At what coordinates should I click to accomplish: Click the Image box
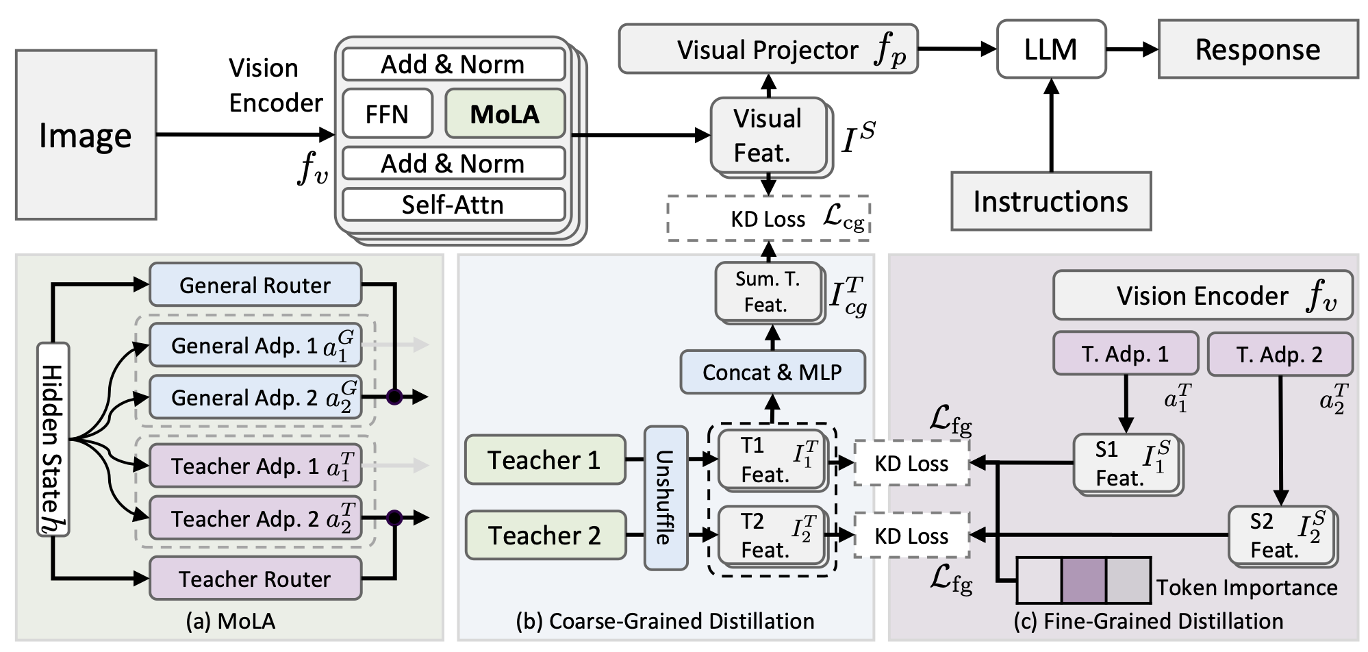pyautogui.click(x=86, y=135)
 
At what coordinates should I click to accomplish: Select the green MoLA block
pyautogui.click(x=505, y=114)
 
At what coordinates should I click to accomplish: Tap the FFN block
pyautogui.click(x=387, y=114)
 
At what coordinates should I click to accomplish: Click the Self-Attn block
pyautogui.click(x=453, y=205)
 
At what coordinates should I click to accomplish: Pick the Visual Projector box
pyautogui.click(x=768, y=50)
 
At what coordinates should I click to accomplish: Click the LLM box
pyautogui.click(x=1051, y=49)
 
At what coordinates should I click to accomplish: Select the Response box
pyautogui.click(x=1258, y=49)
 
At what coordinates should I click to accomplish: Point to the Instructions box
pyautogui.click(x=1051, y=201)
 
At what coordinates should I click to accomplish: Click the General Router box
pyautogui.click(x=255, y=285)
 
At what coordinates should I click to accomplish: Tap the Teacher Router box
pyautogui.click(x=255, y=579)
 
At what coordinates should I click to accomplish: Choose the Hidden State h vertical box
pyautogui.click(x=53, y=439)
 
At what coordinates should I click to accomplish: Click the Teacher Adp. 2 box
pyautogui.click(x=255, y=519)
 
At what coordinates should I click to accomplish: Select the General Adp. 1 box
pyautogui.click(x=255, y=345)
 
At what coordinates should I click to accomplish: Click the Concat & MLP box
pyautogui.click(x=772, y=373)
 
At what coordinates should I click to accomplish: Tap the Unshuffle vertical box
pyautogui.click(x=666, y=498)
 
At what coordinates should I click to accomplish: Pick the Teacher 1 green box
pyautogui.click(x=545, y=460)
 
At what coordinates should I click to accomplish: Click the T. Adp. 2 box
pyautogui.click(x=1280, y=355)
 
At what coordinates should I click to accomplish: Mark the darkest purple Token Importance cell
pyautogui.click(x=1083, y=580)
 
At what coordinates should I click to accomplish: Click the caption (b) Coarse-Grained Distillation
pyautogui.click(x=665, y=621)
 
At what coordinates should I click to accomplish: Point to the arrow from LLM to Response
pyautogui.click(x=1131, y=49)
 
